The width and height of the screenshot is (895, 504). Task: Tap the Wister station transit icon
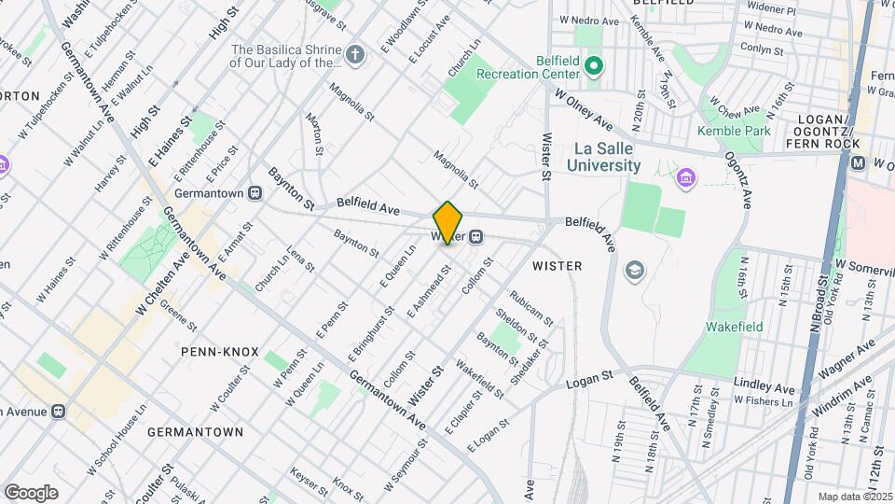click(x=475, y=237)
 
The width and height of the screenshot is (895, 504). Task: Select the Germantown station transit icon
click(x=255, y=193)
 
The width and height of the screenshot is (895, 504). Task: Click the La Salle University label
click(x=607, y=157)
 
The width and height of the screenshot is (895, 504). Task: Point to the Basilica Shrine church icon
click(x=353, y=53)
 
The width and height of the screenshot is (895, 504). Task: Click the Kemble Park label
click(x=734, y=131)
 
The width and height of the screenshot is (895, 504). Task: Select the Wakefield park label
click(x=734, y=327)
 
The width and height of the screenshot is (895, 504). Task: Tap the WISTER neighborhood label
click(x=557, y=266)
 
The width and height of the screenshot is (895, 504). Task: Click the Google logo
click(x=31, y=492)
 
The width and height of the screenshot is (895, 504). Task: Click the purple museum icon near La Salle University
click(x=686, y=176)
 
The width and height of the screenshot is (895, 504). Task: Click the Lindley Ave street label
click(x=764, y=386)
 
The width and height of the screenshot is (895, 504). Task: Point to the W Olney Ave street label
click(x=583, y=110)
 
